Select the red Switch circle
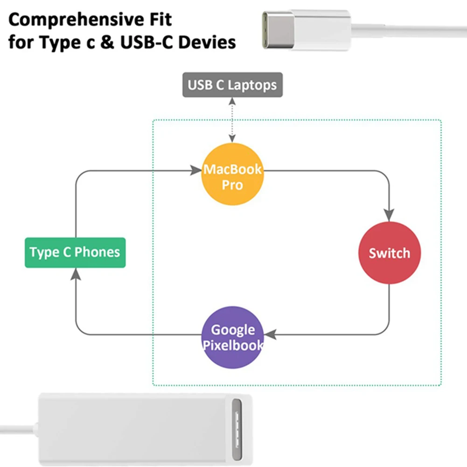coord(389,253)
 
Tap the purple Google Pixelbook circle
coord(232,337)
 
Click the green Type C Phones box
coord(75,252)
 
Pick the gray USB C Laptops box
coord(232,85)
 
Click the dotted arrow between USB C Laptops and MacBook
coord(232,119)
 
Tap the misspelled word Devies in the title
coord(208,43)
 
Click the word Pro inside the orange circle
coord(232,185)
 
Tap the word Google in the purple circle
coord(233,330)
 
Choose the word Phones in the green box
coord(98,252)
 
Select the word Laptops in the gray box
coord(252,85)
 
